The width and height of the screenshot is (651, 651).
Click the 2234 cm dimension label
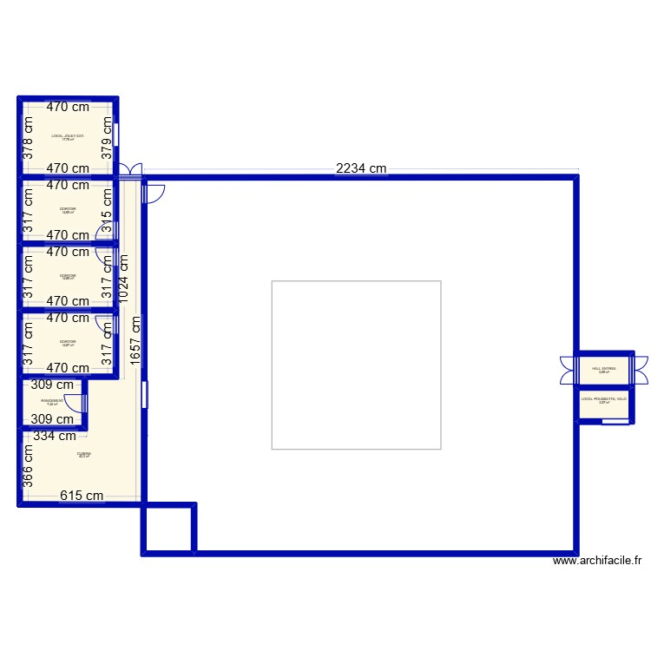pyautogui.click(x=361, y=169)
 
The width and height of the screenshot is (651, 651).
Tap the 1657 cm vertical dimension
pyautogui.click(x=135, y=341)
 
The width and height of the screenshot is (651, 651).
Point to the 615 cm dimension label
pyautogui.click(x=82, y=496)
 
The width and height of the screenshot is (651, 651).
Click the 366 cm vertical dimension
pyautogui.click(x=28, y=465)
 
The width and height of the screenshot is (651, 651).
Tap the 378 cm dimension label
pyautogui.click(x=28, y=138)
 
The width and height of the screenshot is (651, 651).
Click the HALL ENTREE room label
pyautogui.click(x=603, y=369)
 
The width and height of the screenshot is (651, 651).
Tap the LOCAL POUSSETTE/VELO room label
pyautogui.click(x=603, y=400)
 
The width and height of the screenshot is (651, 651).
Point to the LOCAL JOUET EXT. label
pyautogui.click(x=68, y=137)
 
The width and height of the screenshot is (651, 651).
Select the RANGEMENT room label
pyautogui.click(x=52, y=402)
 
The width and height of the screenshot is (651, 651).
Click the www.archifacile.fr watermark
pyautogui.click(x=597, y=562)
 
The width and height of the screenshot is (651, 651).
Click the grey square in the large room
pyautogui.click(x=356, y=365)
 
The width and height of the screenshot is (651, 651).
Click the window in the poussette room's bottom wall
pyautogui.click(x=615, y=420)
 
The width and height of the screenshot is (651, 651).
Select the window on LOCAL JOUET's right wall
pyautogui.click(x=116, y=133)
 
